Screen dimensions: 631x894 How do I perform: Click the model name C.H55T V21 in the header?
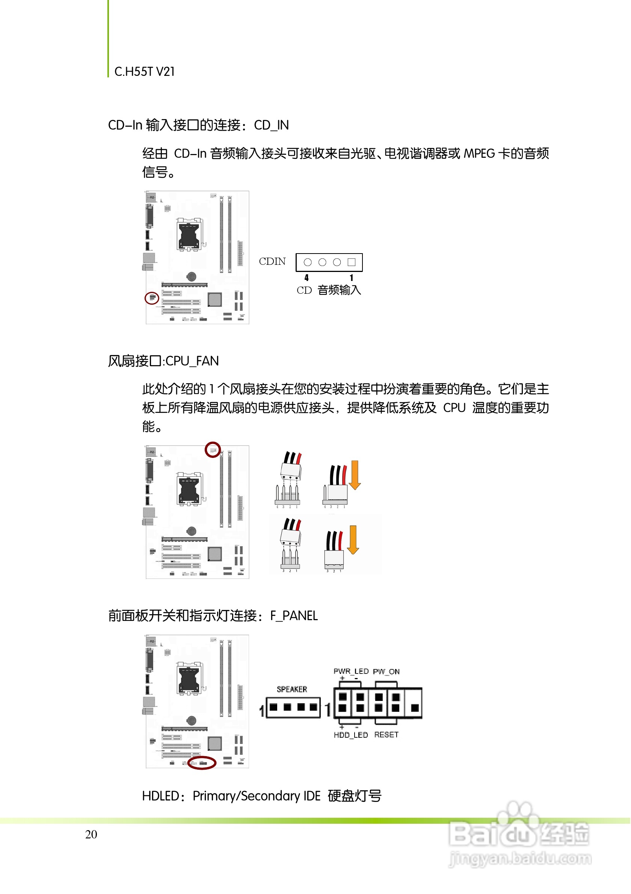(x=145, y=72)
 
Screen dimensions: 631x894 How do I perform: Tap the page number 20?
(x=91, y=834)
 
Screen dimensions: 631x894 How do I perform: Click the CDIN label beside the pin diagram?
(x=272, y=261)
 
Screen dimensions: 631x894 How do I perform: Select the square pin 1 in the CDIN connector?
(x=352, y=262)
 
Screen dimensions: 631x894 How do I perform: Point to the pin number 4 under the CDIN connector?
(x=307, y=278)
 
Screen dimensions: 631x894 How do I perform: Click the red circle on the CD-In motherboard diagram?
(x=152, y=298)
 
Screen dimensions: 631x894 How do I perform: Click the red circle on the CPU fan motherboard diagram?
(x=213, y=450)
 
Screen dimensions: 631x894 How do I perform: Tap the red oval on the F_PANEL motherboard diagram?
(x=202, y=763)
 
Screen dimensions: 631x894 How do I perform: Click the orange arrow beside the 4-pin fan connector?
(x=355, y=475)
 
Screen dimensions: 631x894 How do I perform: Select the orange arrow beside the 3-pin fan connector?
(x=353, y=540)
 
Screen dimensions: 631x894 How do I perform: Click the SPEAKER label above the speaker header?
(x=292, y=690)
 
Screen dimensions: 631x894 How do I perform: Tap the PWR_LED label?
(x=351, y=671)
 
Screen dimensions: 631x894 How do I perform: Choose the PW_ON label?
(x=386, y=671)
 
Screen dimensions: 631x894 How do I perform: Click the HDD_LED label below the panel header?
(x=351, y=735)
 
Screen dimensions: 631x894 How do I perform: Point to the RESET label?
(x=386, y=735)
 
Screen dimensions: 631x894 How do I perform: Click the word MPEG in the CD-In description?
(x=479, y=153)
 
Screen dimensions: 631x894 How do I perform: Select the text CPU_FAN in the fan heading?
(x=192, y=361)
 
